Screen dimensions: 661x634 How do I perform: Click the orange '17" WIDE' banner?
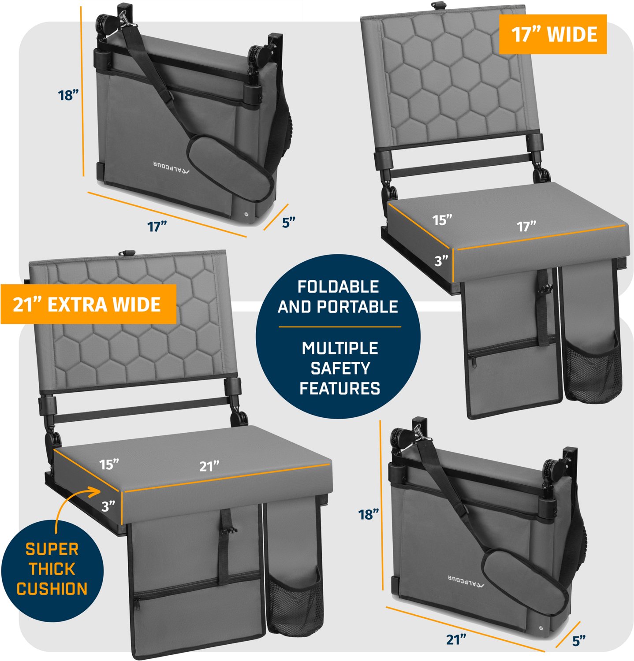pyautogui.click(x=553, y=34)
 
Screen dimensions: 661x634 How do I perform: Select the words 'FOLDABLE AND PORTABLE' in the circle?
pyautogui.click(x=338, y=297)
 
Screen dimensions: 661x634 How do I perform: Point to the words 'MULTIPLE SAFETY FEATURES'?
pyautogui.click(x=339, y=368)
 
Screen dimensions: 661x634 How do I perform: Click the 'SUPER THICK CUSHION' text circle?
pyautogui.click(x=52, y=569)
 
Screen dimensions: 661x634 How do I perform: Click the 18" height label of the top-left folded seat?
pyautogui.click(x=68, y=95)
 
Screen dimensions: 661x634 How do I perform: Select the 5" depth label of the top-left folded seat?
pyautogui.click(x=288, y=223)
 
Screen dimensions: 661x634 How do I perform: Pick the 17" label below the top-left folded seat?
pyautogui.click(x=157, y=227)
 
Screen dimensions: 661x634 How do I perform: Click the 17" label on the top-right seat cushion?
pyautogui.click(x=526, y=227)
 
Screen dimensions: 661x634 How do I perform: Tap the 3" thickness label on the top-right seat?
pyautogui.click(x=441, y=261)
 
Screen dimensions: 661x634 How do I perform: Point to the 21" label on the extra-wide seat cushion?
pyautogui.click(x=209, y=466)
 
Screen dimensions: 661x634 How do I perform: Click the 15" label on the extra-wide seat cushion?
pyautogui.click(x=109, y=464)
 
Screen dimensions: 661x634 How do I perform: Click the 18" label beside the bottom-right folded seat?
pyautogui.click(x=369, y=514)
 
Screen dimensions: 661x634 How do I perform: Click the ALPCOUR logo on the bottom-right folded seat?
pyautogui.click(x=466, y=582)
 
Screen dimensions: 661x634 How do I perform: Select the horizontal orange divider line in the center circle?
pyautogui.click(x=339, y=327)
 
